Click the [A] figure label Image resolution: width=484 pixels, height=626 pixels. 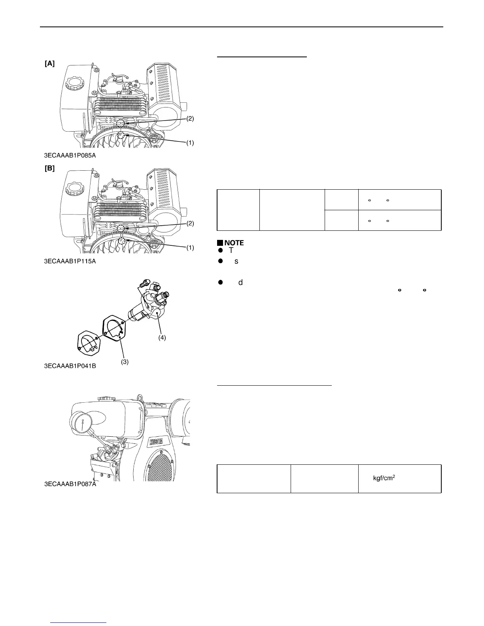[x=49, y=64]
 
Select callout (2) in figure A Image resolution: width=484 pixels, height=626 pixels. [x=190, y=119]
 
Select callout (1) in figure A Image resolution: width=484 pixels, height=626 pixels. [x=190, y=143]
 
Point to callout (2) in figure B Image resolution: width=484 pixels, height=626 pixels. [x=190, y=223]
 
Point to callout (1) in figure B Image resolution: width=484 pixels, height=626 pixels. [x=190, y=248]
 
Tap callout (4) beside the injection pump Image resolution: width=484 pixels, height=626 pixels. [x=162, y=338]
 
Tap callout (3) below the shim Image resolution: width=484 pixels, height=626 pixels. [x=125, y=362]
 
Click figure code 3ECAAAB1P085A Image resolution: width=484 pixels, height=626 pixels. [x=70, y=155]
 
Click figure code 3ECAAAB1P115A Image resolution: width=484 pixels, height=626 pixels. [x=70, y=261]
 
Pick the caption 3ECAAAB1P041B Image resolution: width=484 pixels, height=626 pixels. [x=70, y=366]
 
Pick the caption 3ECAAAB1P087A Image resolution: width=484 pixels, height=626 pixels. [x=70, y=485]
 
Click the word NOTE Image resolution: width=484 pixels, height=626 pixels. [x=234, y=243]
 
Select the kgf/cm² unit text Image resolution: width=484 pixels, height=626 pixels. [x=384, y=478]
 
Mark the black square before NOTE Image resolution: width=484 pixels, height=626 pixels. [x=220, y=243]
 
